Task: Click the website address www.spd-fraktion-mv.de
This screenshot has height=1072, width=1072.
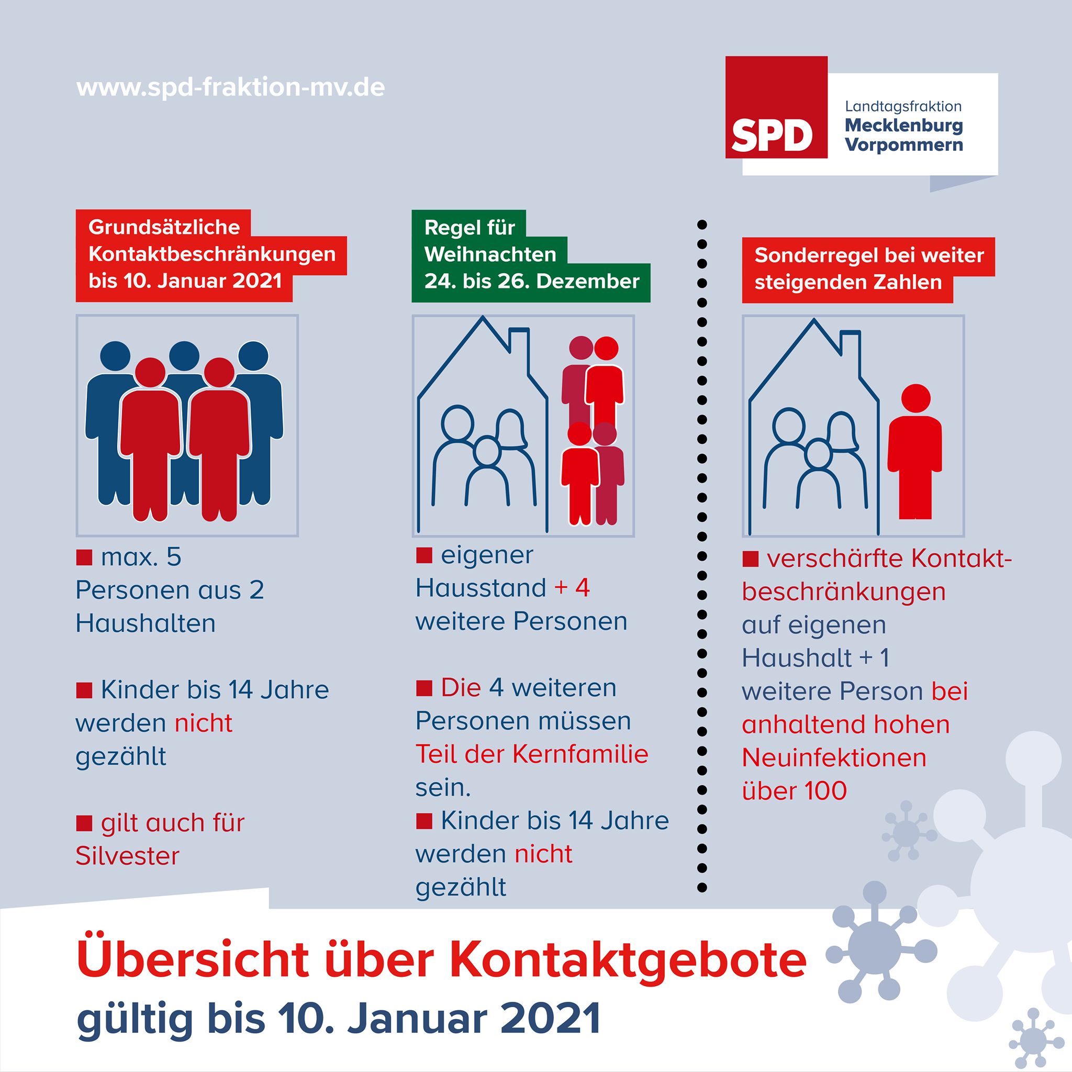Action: [x=230, y=87]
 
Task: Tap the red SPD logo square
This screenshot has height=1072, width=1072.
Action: [x=776, y=107]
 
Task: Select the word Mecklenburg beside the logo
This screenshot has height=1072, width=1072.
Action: [x=904, y=126]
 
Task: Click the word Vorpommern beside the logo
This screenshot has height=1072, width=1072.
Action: [x=904, y=145]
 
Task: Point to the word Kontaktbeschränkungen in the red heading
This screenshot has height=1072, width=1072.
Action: [x=212, y=254]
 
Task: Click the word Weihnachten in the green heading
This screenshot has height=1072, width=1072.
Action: [x=490, y=254]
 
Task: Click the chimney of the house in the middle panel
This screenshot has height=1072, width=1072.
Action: [x=519, y=350]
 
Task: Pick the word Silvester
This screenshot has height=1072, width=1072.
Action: [x=127, y=856]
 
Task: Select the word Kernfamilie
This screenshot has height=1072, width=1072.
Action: [x=580, y=754]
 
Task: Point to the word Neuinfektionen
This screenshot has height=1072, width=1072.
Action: [x=834, y=757]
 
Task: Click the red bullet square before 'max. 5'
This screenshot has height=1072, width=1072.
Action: [x=84, y=557]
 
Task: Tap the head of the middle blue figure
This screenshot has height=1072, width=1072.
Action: [x=184, y=355]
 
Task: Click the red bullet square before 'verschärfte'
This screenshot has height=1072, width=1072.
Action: [x=750, y=559]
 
